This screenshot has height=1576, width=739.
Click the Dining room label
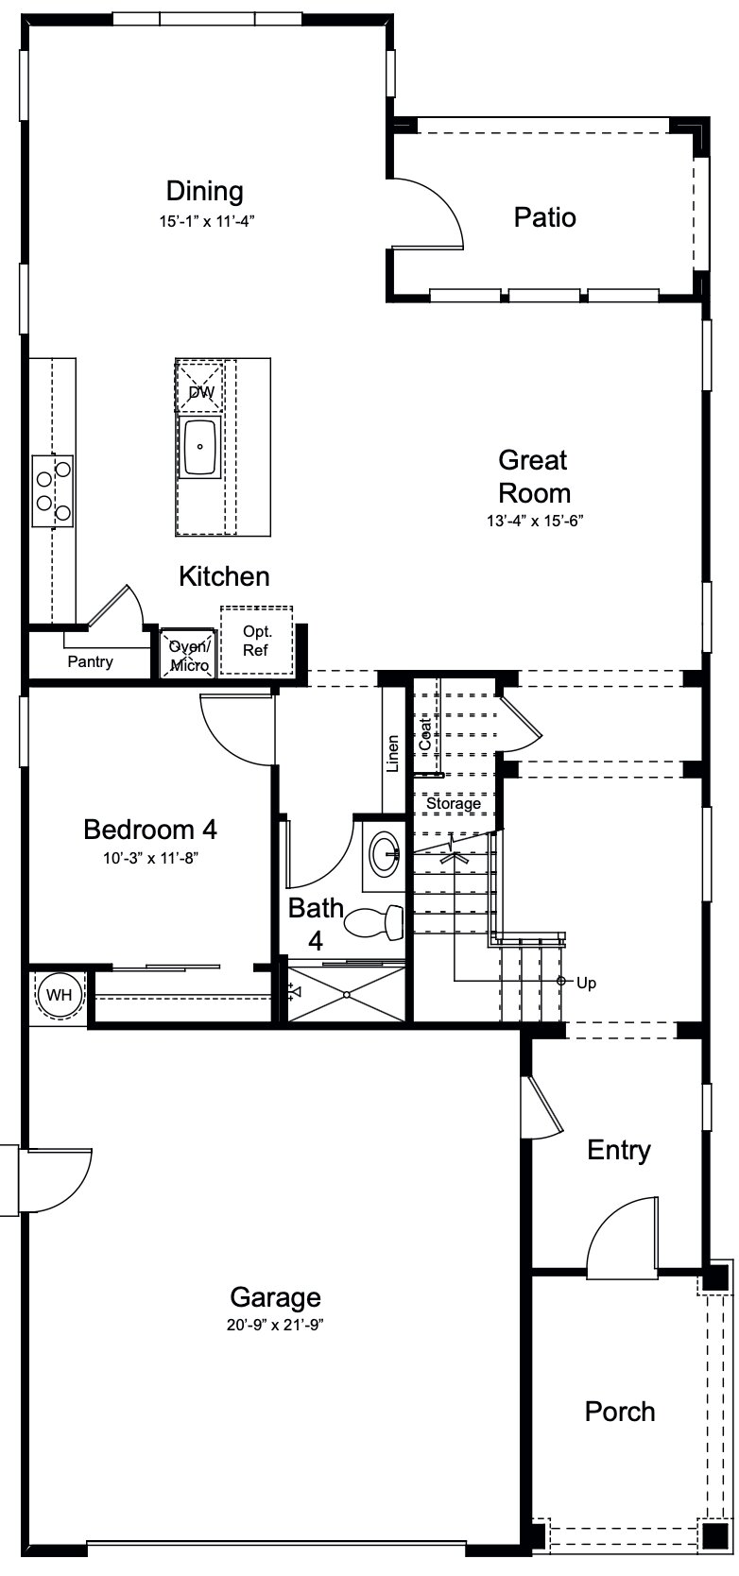[204, 192]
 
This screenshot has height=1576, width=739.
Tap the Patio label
[544, 217]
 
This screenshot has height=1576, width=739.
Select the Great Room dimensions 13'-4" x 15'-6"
[535, 520]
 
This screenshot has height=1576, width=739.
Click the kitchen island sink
[200, 447]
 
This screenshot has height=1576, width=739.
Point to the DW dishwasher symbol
[200, 391]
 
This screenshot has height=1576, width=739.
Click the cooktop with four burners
[53, 489]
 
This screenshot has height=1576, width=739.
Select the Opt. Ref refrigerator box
[256, 641]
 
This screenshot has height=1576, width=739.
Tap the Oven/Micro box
[189, 655]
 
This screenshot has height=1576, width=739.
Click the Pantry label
[90, 661]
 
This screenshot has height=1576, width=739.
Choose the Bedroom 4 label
[150, 830]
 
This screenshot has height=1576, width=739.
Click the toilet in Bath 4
[375, 922]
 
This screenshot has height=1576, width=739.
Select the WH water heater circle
[59, 995]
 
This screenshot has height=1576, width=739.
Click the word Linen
[393, 753]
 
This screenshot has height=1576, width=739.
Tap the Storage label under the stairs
[454, 803]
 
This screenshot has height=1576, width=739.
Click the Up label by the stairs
[586, 983]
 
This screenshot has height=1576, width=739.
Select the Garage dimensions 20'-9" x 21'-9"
[275, 1325]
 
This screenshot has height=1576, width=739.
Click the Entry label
[619, 1150]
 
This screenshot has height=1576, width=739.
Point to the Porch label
[619, 1412]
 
